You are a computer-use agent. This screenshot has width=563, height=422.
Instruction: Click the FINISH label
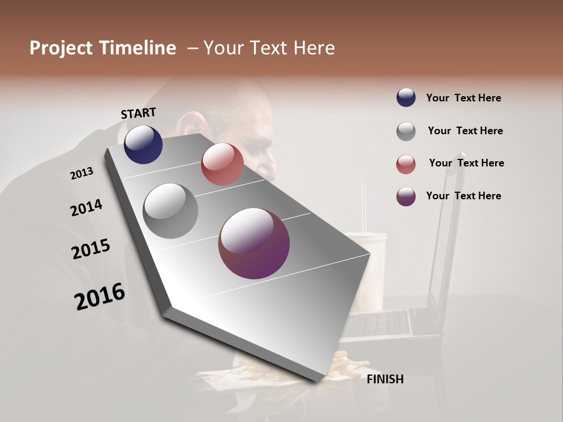[x=385, y=379]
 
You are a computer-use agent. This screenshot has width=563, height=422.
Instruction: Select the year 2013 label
[x=82, y=173]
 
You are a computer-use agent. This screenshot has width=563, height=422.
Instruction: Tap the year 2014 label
[x=86, y=207]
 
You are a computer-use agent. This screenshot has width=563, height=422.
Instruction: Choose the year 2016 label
[x=100, y=297]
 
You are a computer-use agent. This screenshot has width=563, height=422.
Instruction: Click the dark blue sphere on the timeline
[x=143, y=144]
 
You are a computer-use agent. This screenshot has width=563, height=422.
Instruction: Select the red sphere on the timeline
[x=222, y=164]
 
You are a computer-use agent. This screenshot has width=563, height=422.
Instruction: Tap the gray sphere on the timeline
[x=170, y=210]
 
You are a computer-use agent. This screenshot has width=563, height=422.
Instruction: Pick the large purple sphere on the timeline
[x=254, y=243]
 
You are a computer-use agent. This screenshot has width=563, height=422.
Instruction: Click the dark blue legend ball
[x=406, y=98]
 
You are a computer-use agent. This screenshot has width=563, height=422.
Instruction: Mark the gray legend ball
[x=406, y=131]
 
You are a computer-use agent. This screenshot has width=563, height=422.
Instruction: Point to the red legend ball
[x=406, y=164]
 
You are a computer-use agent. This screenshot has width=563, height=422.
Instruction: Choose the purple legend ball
[x=406, y=196]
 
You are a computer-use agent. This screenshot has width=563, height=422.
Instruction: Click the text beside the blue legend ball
[x=463, y=98]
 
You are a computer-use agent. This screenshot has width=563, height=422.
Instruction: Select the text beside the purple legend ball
[x=463, y=196]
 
